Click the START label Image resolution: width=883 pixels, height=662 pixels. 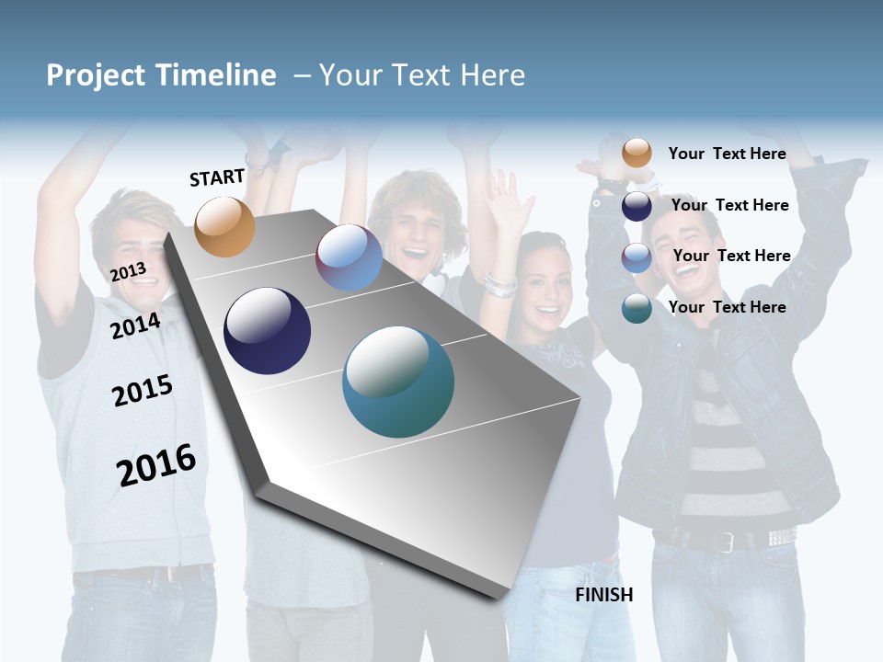pos(217,177)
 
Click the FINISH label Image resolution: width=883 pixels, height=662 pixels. pos(603,595)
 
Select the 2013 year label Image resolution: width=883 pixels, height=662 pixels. pos(128,271)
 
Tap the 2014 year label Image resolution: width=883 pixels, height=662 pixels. pos(135,325)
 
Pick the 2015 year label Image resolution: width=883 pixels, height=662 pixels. pos(143,391)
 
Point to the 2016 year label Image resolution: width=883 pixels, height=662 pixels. pos(156,465)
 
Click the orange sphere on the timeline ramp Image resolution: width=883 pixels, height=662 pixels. pos(224,226)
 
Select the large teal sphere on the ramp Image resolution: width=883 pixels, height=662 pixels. pos(398,382)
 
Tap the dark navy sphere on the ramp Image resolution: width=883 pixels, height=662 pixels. pos(267,331)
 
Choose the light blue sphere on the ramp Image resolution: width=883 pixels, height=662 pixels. pos(349,257)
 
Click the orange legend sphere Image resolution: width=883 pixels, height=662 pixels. pos(636,153)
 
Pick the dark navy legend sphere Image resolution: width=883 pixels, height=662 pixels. pos(636,206)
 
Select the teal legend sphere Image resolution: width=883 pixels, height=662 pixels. pos(636,308)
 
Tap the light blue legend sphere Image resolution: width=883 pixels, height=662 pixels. pos(636,257)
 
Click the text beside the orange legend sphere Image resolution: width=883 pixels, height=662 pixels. pos(727,154)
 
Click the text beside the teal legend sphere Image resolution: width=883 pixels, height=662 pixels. pos(727,307)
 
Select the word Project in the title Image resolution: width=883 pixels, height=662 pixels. pos(96,75)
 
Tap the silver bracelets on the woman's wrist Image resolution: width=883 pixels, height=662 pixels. pos(499,284)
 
